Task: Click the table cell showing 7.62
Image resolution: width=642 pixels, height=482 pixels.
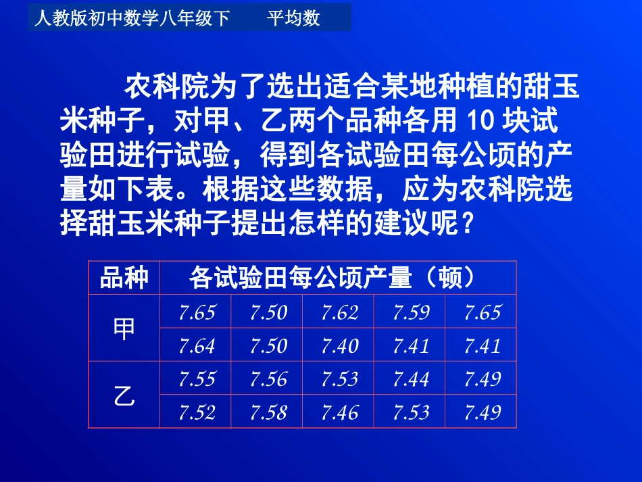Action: coord(339,312)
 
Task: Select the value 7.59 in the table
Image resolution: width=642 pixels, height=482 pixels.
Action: coord(411,312)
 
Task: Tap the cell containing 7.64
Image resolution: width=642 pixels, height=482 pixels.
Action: coord(197,346)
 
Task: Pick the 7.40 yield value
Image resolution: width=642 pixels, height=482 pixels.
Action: coord(339,346)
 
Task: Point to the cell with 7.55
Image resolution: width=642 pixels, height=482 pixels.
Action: coord(197,379)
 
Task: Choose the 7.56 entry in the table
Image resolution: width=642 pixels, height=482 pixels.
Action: coord(268,379)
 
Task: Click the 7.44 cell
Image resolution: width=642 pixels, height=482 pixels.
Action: coord(411,379)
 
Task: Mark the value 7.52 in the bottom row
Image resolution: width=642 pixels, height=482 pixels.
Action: coord(197,412)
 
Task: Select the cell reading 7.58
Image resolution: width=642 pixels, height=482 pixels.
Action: coord(268,412)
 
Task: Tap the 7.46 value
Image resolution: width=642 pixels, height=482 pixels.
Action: coord(339,412)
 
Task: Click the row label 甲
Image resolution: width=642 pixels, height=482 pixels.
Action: coord(124,329)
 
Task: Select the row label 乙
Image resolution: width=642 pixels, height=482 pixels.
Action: coord(124,396)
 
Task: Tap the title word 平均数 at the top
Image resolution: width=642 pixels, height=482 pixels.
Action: coord(293,18)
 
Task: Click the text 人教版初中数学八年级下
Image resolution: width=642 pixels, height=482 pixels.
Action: coord(132,18)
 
